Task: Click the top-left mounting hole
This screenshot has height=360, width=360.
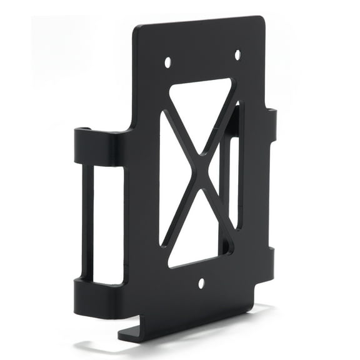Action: point(167,62)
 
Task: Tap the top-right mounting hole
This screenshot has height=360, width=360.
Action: point(237,54)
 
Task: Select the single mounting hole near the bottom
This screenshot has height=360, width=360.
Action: point(201,283)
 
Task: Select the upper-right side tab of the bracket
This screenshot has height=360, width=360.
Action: point(271,125)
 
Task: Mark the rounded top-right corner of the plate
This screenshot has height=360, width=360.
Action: point(260,20)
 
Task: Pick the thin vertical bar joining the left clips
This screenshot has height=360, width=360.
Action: point(87,222)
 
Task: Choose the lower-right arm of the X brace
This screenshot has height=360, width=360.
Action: point(215,206)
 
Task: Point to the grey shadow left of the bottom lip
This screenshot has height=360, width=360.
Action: point(100,343)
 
